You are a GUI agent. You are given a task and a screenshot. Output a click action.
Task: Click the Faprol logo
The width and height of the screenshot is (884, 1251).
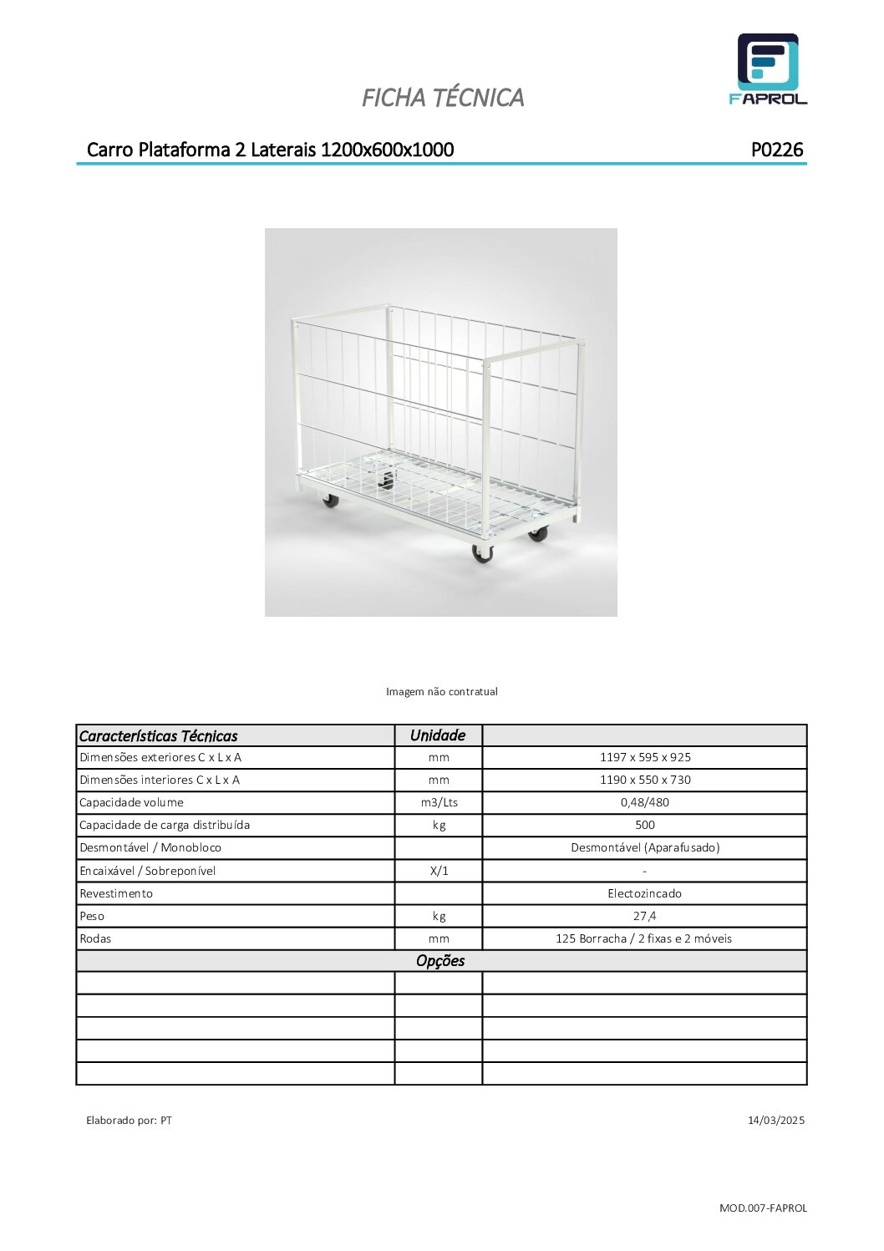[x=768, y=69]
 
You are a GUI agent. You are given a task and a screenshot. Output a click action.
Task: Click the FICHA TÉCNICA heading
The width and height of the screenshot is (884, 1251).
[x=443, y=98]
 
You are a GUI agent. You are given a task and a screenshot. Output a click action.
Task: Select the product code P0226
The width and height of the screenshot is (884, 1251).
[x=776, y=150]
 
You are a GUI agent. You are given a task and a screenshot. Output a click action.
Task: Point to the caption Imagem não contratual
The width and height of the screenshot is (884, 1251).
[x=441, y=691]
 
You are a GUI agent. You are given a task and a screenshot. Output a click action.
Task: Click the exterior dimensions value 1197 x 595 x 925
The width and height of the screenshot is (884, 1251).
[x=645, y=757]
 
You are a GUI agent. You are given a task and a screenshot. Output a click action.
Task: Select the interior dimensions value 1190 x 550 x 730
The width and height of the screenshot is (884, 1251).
[x=645, y=780]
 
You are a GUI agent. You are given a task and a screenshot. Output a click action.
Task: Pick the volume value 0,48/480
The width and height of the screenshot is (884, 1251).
[x=644, y=802]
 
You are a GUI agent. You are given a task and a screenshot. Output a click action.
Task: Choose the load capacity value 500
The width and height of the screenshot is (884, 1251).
[x=645, y=825]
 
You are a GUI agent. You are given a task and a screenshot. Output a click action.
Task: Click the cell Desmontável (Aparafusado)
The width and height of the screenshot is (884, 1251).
[x=645, y=847]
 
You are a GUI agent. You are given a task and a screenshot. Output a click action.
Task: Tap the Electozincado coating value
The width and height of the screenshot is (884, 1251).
[x=644, y=893]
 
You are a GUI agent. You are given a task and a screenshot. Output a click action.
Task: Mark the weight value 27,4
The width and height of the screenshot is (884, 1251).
[x=644, y=916]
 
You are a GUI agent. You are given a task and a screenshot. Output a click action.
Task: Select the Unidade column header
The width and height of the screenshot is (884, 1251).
[x=438, y=735]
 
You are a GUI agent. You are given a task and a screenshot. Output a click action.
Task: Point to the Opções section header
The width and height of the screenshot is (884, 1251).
[x=440, y=961]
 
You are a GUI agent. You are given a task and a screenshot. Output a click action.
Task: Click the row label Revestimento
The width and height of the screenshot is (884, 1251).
[x=116, y=893]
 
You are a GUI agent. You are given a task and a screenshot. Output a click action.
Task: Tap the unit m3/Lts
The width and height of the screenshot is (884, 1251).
[x=439, y=802]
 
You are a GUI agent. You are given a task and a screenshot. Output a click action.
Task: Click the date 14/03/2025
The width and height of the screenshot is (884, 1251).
[x=775, y=1120]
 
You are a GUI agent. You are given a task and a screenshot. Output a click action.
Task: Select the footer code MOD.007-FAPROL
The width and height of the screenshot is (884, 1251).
[x=763, y=1208]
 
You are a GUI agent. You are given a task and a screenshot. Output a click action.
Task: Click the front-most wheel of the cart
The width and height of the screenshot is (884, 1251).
[x=483, y=552]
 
